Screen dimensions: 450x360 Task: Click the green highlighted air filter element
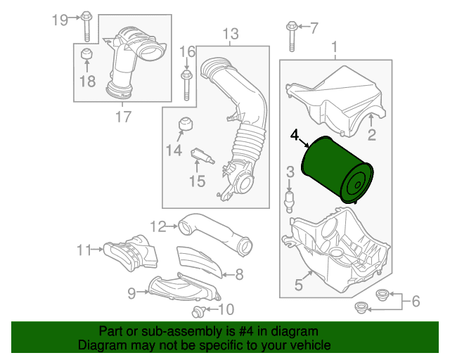337,170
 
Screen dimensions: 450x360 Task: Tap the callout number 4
295,135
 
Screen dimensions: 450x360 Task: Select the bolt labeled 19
86,26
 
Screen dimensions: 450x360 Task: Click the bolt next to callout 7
292,36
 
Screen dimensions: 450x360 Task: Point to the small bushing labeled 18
86,53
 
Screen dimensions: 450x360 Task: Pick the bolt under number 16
186,84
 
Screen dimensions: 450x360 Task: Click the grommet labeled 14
186,124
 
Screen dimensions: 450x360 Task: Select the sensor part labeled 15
202,155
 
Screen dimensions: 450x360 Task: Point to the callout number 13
231,34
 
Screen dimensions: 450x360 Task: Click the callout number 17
124,117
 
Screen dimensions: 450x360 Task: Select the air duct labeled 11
131,252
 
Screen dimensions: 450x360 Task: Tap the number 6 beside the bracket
416,301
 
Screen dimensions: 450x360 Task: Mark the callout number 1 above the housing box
335,47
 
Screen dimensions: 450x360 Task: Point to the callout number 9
131,293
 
